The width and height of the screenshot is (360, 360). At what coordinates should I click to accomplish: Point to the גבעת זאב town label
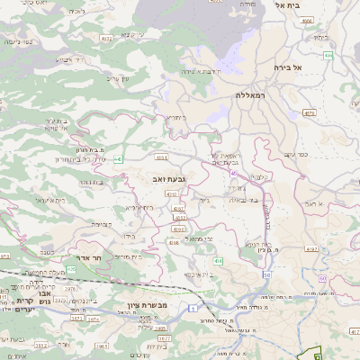(170, 180)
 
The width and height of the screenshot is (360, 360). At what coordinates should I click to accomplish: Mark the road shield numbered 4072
(106, 39)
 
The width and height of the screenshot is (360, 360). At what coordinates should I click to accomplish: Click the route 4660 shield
(307, 20)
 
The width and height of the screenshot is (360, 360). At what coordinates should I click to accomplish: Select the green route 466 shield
(329, 56)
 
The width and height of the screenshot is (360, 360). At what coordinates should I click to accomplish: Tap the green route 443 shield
(118, 159)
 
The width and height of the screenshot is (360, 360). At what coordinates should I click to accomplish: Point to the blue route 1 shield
(193, 309)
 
